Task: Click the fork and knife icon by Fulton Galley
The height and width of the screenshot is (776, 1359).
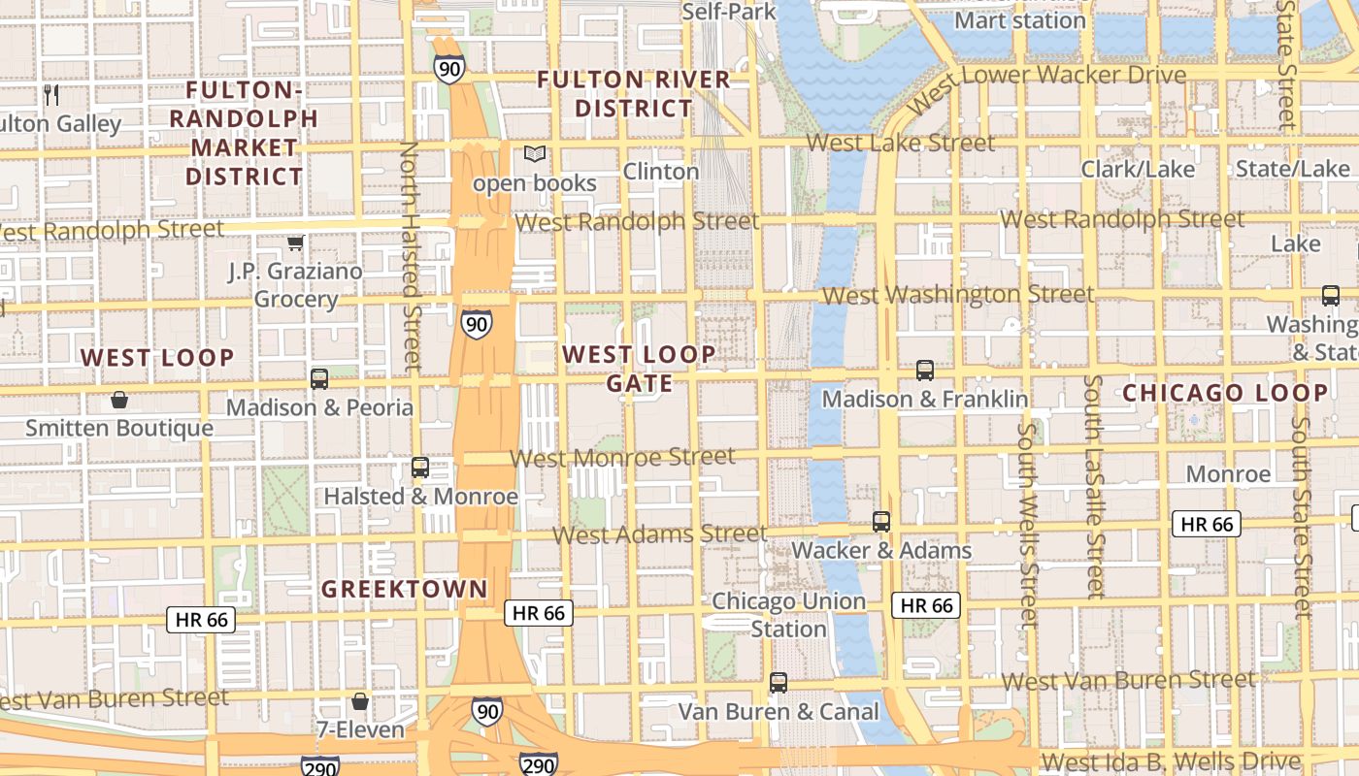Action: point(52,94)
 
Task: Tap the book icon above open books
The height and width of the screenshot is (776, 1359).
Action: point(535,153)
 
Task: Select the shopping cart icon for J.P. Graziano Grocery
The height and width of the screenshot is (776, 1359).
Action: point(295,242)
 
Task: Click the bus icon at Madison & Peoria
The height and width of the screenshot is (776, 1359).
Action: point(319,378)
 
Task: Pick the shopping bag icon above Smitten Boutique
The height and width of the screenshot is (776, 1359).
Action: point(119,399)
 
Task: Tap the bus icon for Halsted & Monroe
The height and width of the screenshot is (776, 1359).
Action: point(420,468)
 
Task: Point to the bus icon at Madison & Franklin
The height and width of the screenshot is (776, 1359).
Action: point(925,370)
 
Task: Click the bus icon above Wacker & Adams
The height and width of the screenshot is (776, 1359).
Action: point(881,521)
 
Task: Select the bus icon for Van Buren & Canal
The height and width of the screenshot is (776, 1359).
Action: point(779,682)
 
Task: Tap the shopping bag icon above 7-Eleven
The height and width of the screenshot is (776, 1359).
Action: point(360,700)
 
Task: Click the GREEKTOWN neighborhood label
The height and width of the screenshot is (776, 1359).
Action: point(405,589)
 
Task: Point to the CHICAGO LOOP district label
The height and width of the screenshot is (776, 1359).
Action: point(1225,393)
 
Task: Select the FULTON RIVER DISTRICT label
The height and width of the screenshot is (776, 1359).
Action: point(634,93)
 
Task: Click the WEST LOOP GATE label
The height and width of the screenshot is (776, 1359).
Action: point(640,369)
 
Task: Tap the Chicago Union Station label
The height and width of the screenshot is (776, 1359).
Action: point(788,614)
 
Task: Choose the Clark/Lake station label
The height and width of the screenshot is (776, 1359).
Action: point(1139,169)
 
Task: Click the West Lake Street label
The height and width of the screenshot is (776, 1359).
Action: point(900,143)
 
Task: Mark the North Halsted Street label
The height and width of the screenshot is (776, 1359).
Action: point(411,256)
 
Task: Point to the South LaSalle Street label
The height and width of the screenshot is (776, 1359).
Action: point(1094,485)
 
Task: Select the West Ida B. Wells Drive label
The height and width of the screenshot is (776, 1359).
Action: point(1170,760)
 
